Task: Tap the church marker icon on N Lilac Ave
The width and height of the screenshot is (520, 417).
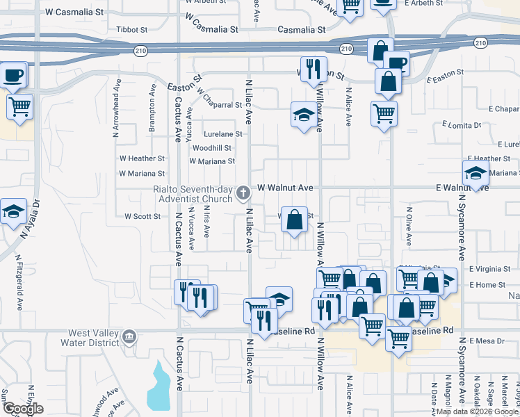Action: click(243, 193)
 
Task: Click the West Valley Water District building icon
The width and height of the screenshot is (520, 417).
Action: click(129, 337)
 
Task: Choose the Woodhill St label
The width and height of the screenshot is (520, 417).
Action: click(212, 148)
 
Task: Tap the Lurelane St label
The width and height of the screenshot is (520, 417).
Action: click(223, 134)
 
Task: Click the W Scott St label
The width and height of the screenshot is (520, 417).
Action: click(143, 216)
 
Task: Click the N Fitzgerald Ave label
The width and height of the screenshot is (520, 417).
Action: click(19, 281)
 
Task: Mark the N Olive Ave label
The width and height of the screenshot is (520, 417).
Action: click(409, 227)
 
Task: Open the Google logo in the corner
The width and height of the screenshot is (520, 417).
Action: click(22, 409)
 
